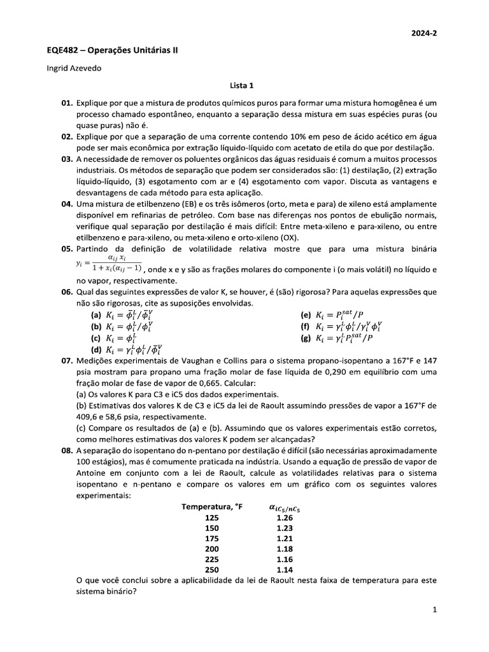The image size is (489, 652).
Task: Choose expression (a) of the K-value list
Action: (122, 315)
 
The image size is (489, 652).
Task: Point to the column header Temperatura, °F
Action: (212, 507)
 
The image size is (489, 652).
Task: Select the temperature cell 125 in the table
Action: (212, 518)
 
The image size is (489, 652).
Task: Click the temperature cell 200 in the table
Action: (212, 549)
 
